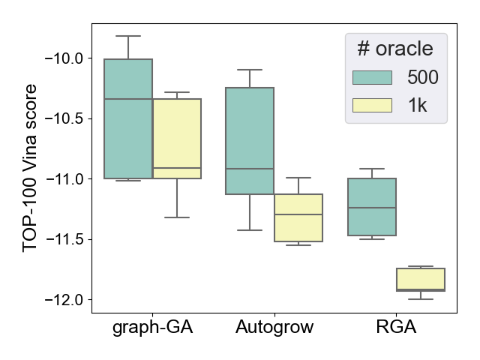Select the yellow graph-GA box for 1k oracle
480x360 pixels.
(177, 139)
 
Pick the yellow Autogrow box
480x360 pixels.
(298, 217)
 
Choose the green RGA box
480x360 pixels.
(372, 207)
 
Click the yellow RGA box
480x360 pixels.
(420, 279)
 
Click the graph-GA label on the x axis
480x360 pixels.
(152, 327)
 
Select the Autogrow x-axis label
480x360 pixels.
(274, 327)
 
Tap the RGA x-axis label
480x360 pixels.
(396, 327)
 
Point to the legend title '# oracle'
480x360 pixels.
(394, 49)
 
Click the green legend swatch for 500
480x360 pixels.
(372, 78)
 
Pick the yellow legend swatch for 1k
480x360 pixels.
(372, 105)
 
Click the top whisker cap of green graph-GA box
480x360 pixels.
(128, 36)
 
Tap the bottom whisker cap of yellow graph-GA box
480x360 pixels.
(177, 217)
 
